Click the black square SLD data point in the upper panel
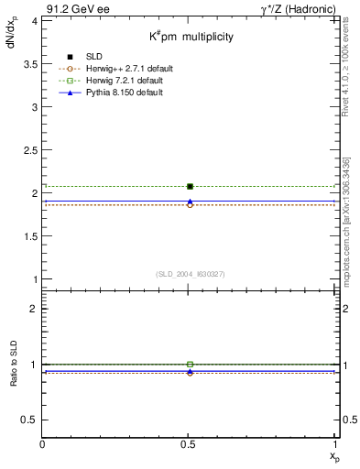pos(190,186)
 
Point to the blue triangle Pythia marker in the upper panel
pos(190,202)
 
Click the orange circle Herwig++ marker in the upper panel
pos(190,205)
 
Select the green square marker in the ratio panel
pos(190,365)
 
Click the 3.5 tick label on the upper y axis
pos(30,63)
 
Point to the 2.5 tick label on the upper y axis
pos(30,149)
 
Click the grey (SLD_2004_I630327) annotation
pos(191,274)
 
